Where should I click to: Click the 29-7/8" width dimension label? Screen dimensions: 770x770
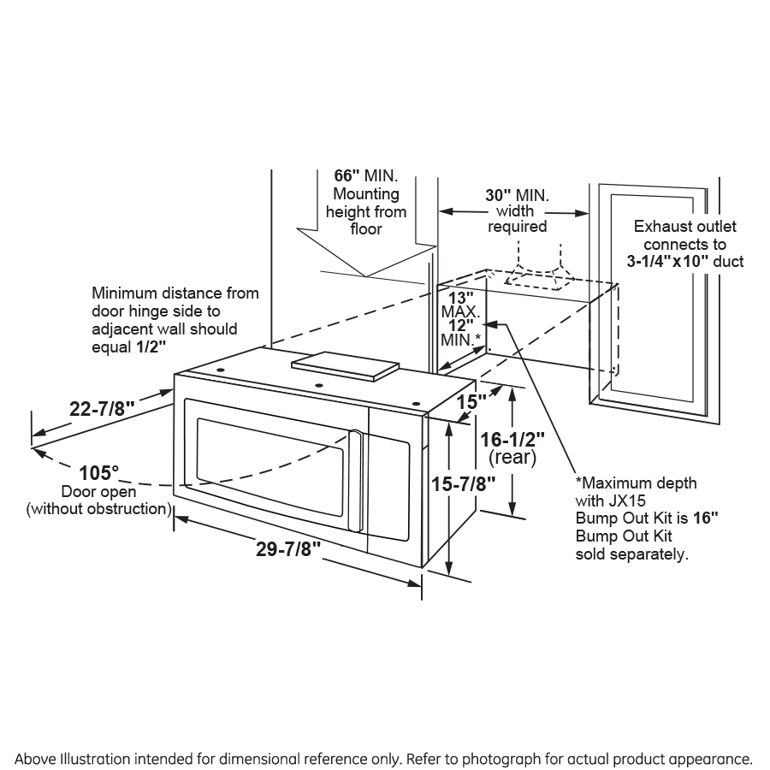coord(287,550)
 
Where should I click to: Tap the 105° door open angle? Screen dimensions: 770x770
coord(99,472)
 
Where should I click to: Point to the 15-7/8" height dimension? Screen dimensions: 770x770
coord(464,483)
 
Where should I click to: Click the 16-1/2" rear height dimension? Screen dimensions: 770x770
coord(512,439)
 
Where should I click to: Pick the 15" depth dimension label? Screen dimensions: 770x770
coord(471,400)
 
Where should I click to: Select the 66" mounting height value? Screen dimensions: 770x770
coord(349,175)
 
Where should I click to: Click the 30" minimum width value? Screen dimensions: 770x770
coord(500,194)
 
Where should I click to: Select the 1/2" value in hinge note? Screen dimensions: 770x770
coord(151,346)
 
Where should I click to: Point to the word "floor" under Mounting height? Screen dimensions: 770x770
coord(366,229)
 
